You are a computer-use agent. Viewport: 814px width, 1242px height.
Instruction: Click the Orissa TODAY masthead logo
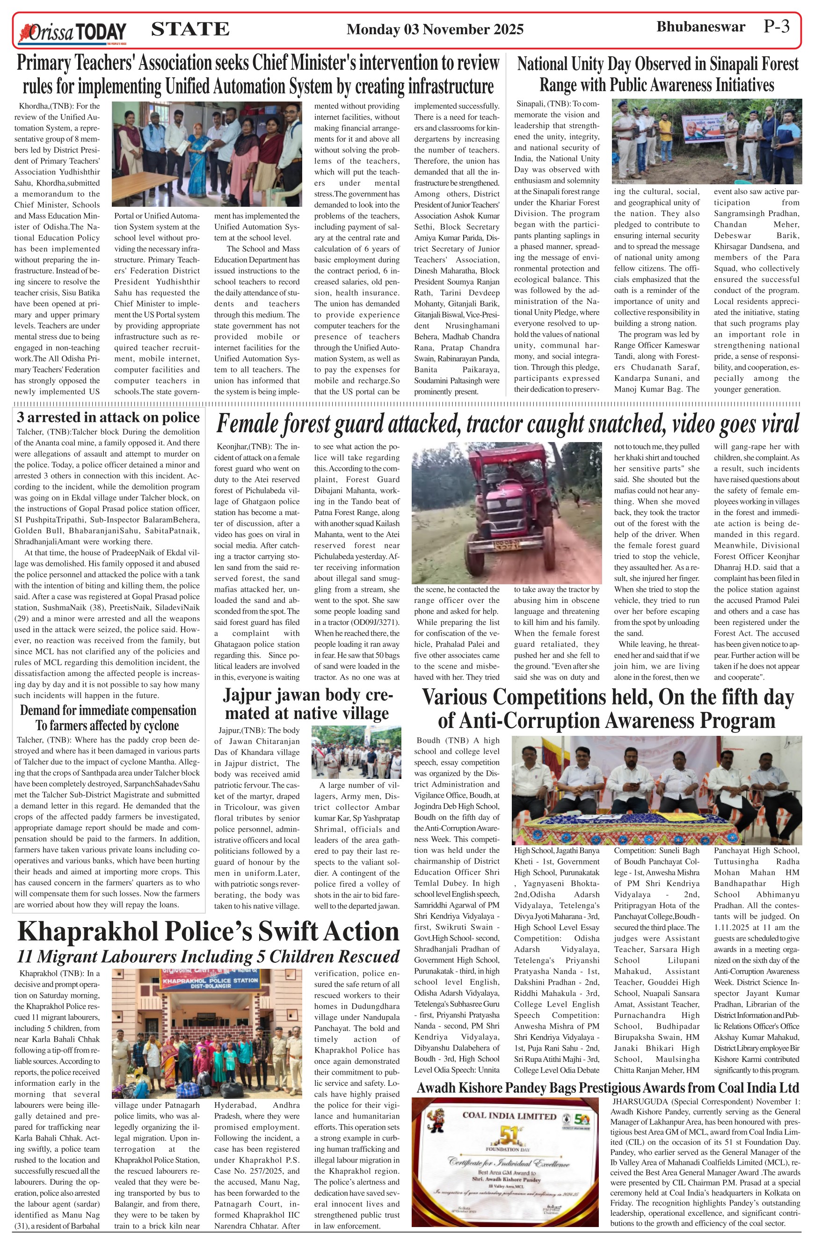pyautogui.click(x=72, y=32)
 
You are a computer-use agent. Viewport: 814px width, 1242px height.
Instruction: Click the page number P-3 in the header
pyautogui.click(x=777, y=27)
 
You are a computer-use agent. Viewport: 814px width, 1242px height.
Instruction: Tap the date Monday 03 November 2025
pyautogui.click(x=435, y=29)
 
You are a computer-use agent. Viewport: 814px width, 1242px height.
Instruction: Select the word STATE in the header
pyautogui.click(x=190, y=29)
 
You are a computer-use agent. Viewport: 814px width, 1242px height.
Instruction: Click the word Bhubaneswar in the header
pyautogui.click(x=700, y=27)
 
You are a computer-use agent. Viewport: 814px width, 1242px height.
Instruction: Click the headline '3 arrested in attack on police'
pyautogui.click(x=108, y=417)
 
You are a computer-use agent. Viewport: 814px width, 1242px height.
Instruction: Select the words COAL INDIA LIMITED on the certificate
pyautogui.click(x=509, y=1116)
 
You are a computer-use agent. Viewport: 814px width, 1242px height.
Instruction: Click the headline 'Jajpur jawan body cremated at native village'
pyautogui.click(x=307, y=704)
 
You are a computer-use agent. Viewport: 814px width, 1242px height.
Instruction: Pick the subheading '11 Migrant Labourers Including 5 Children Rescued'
pyautogui.click(x=208, y=957)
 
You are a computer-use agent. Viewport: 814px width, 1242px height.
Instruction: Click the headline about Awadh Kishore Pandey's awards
pyautogui.click(x=607, y=1088)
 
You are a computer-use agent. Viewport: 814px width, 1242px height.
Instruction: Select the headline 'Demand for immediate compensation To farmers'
pyautogui.click(x=108, y=718)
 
